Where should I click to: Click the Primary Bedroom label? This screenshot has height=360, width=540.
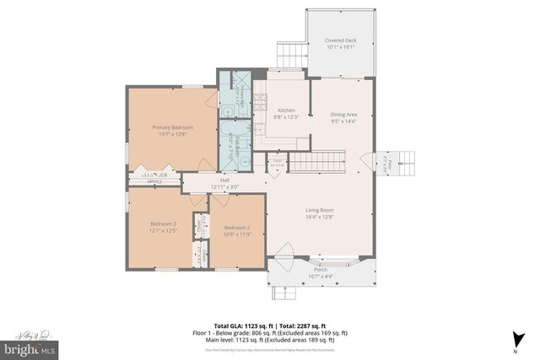click(x=166, y=127)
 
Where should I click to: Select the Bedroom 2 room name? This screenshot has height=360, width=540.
click(x=237, y=228)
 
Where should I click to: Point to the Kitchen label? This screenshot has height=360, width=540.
click(x=286, y=110)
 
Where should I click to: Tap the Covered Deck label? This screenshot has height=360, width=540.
click(x=341, y=40)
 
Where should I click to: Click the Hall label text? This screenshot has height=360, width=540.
click(x=225, y=180)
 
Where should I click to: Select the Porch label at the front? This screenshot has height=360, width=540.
click(x=321, y=269)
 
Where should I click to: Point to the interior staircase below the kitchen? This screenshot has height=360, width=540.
click(x=318, y=161)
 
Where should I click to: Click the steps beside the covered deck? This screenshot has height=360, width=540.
click(x=291, y=56)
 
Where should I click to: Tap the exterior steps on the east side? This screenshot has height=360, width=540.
click(x=404, y=161)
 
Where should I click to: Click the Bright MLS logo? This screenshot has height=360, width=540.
click(x=30, y=346)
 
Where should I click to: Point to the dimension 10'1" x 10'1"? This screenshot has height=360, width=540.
click(x=341, y=47)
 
